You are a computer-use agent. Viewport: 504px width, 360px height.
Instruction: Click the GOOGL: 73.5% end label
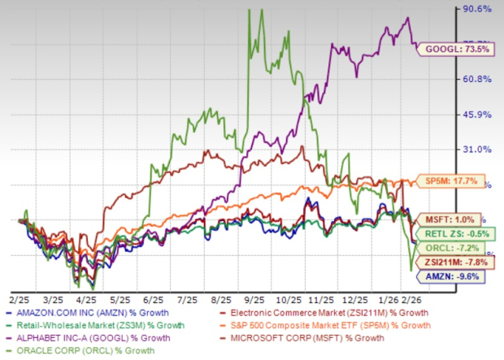[457, 50]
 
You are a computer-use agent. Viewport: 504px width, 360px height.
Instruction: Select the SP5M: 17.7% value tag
[457, 180]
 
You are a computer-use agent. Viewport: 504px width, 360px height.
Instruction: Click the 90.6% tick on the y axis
[478, 9]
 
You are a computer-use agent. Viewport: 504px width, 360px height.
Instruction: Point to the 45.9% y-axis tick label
[478, 115]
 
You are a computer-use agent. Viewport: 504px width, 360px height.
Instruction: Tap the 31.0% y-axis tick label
[478, 150]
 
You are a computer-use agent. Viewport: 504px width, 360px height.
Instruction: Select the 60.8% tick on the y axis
[478, 79]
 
